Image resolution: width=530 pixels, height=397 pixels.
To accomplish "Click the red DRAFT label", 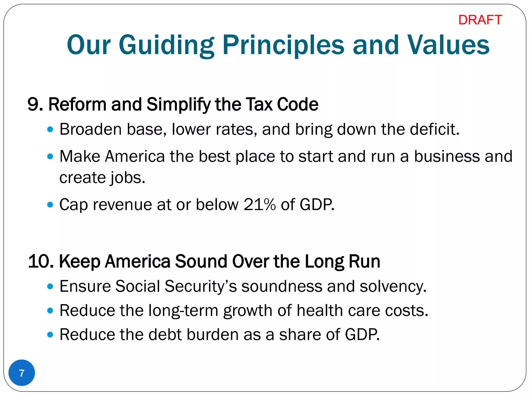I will point(480,20).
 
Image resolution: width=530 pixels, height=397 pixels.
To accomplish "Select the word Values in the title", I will point(448,45).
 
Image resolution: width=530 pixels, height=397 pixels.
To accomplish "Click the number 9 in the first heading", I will point(33,104).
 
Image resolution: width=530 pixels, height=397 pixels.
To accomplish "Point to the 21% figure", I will point(260,204).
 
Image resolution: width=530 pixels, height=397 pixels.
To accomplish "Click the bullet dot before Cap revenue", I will point(50,205).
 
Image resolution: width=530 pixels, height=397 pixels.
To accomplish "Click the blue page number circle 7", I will point(22,373).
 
